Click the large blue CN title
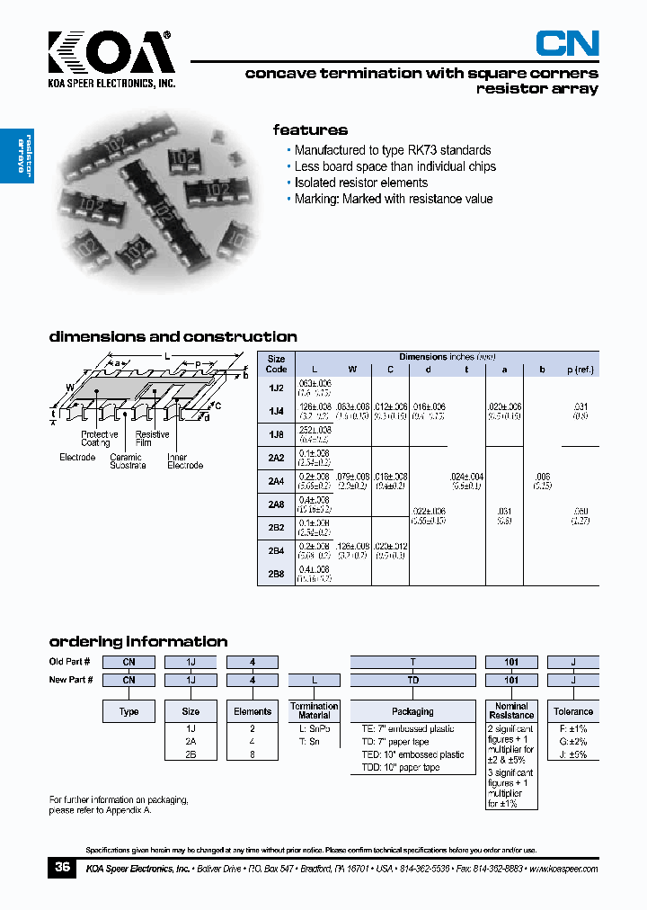click(567, 43)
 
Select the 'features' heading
click(310, 129)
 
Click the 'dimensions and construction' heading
click(173, 336)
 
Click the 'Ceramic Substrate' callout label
click(126, 461)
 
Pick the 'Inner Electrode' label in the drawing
click(185, 461)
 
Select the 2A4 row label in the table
click(277, 481)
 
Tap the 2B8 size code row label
click(277, 573)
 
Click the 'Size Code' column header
click(277, 363)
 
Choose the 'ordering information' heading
click(137, 641)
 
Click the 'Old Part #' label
click(71, 663)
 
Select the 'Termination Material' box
click(315, 711)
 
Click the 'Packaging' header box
click(412, 711)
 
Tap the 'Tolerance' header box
click(573, 711)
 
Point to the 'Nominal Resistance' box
click(511, 711)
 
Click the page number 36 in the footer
click(62, 868)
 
